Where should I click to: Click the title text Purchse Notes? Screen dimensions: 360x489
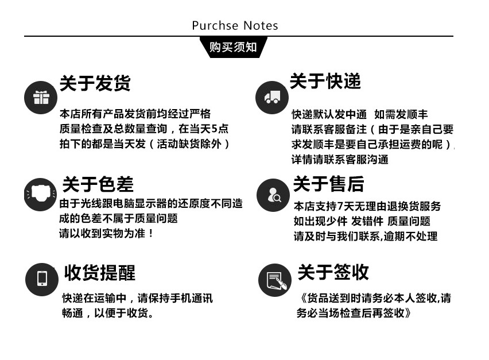(235, 26)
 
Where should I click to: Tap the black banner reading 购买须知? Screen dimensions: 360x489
(233, 47)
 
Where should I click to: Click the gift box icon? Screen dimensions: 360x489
(41, 98)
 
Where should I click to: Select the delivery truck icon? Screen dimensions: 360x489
(272, 98)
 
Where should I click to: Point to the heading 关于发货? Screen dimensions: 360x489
(95, 83)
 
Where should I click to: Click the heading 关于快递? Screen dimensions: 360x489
(325, 81)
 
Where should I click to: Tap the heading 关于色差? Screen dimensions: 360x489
(98, 184)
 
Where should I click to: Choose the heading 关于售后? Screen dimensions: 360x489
(328, 184)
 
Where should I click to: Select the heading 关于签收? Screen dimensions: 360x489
(333, 272)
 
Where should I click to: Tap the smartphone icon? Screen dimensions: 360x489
(42, 279)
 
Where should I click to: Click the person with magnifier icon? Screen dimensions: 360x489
(273, 195)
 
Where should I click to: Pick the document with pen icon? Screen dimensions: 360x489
(275, 280)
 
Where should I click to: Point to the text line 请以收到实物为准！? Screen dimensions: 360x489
(107, 234)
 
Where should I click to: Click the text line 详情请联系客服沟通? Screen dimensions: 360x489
(340, 160)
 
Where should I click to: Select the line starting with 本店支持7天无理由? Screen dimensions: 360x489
(367, 206)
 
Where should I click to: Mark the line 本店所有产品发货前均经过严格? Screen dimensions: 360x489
(135, 114)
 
